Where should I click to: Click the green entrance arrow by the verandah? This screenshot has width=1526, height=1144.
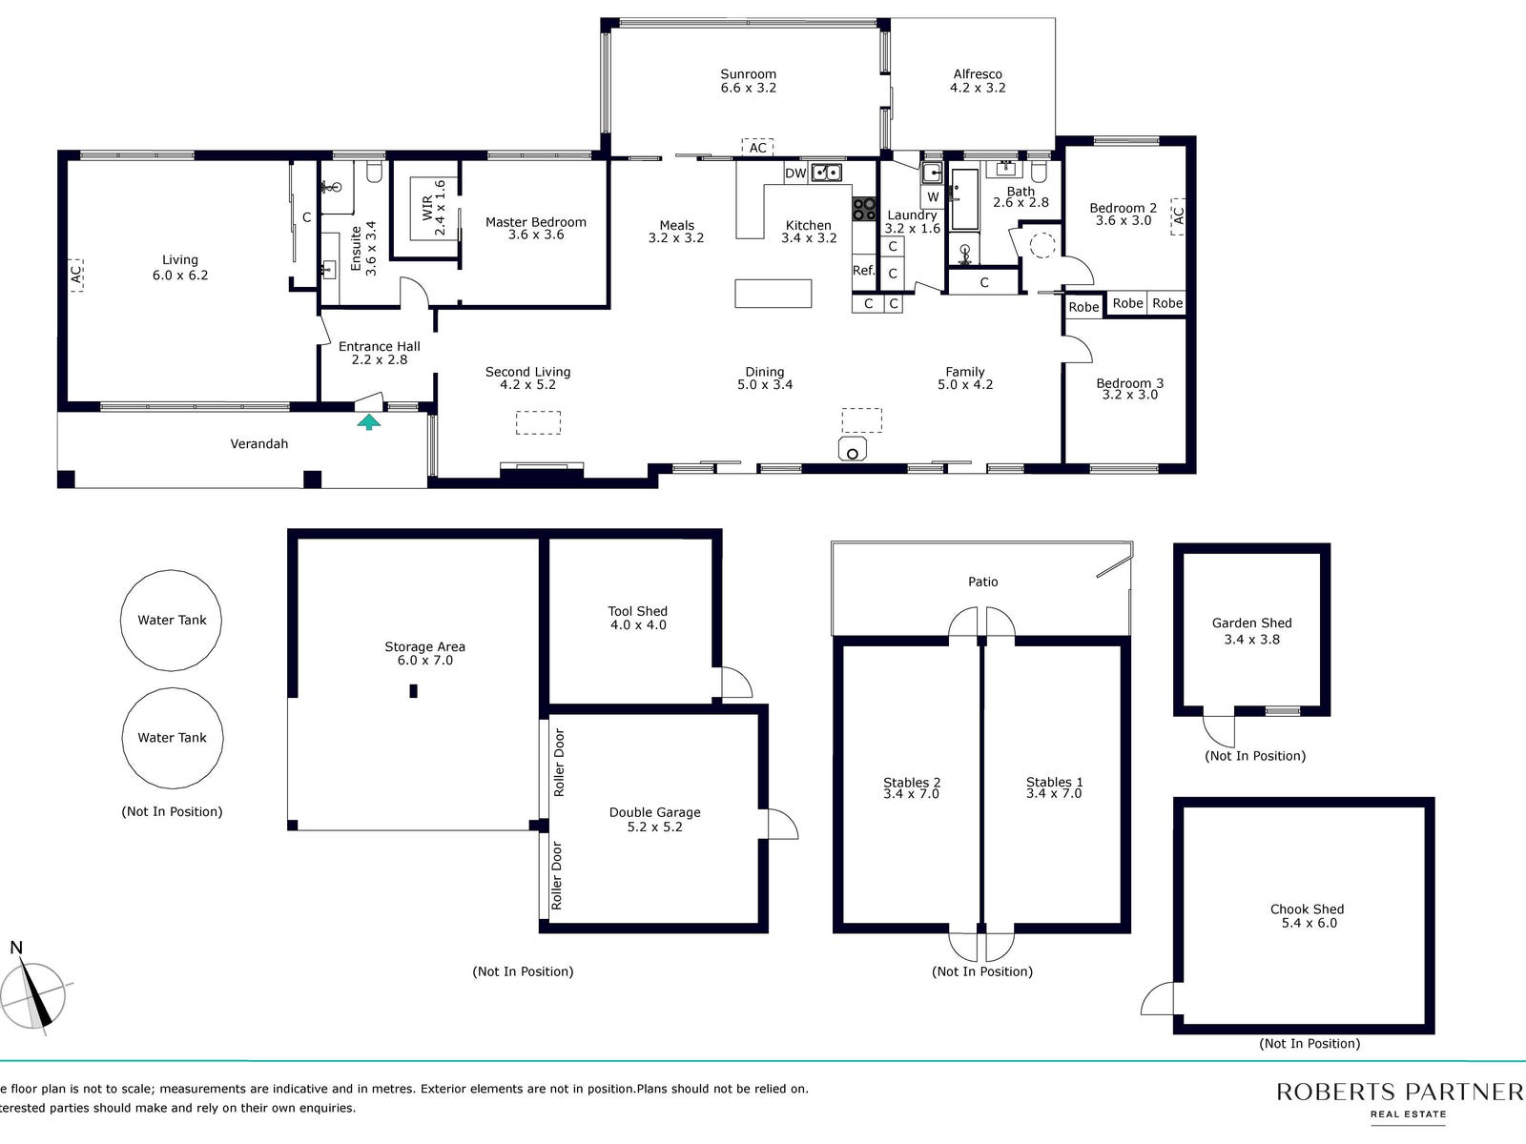[x=368, y=421]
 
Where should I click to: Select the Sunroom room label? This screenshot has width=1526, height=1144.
[x=748, y=74]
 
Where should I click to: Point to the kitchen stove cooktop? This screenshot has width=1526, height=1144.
[x=864, y=209]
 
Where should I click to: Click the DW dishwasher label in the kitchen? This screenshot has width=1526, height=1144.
[x=795, y=174]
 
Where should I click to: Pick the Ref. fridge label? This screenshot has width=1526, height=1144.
[x=863, y=270]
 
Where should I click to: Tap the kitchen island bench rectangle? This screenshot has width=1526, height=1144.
[x=773, y=293]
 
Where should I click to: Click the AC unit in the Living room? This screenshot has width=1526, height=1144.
[x=75, y=276]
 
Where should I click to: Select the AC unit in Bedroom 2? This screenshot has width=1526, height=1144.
[x=1178, y=216]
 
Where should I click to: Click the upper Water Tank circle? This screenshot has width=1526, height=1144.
[x=171, y=621]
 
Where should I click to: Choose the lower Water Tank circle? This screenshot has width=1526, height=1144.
[x=173, y=738]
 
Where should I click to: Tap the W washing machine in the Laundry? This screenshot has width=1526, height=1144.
[x=933, y=196]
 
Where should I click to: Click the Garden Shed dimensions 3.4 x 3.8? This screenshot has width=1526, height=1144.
[x=1251, y=639]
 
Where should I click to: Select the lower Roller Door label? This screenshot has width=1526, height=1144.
[x=556, y=875]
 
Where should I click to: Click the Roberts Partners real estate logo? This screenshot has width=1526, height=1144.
[x=1400, y=1100]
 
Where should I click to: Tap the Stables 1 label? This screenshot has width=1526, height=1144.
[x=1054, y=782]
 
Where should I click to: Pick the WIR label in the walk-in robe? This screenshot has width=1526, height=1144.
[x=427, y=208]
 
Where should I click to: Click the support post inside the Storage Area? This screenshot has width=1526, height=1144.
[x=413, y=691]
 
